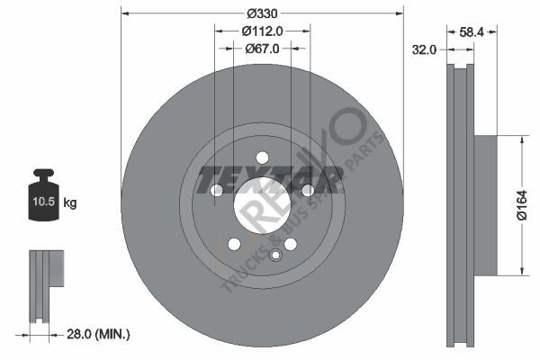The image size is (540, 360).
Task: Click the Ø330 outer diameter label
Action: (x=262, y=13)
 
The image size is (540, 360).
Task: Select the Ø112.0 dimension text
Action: (x=262, y=31)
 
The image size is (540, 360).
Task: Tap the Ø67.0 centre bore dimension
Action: (x=262, y=49)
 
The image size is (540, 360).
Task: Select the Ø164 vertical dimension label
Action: (x=522, y=205)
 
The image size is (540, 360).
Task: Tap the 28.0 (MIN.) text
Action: (x=98, y=334)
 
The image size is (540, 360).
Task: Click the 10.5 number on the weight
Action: (x=45, y=203)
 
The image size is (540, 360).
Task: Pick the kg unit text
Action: (x=70, y=203)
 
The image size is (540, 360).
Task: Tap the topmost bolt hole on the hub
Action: (x=262, y=157)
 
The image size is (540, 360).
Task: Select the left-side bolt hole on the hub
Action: (x=216, y=190)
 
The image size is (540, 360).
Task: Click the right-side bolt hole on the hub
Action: (x=308, y=190)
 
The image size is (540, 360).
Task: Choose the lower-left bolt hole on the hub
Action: (x=234, y=244)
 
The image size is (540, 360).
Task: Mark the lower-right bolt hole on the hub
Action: (x=290, y=244)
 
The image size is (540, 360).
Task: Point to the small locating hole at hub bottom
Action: (x=275, y=255)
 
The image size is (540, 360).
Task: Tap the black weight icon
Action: (x=45, y=191)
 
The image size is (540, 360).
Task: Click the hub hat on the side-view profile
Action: (x=484, y=205)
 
